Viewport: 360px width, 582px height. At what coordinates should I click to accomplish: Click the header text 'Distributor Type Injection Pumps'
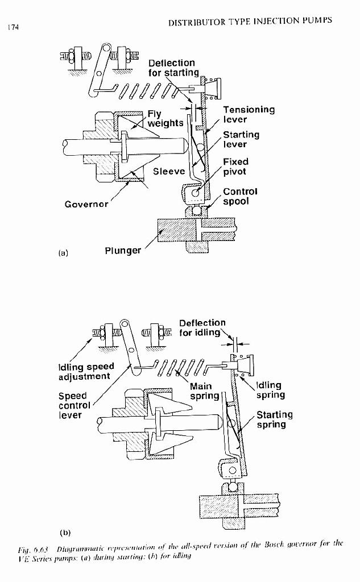coord(250,21)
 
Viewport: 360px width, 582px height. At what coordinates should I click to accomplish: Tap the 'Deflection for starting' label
coord(173,68)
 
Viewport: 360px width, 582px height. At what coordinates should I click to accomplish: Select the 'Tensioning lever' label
coord(249,115)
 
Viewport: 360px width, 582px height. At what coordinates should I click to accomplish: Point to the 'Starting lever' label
coord(241,140)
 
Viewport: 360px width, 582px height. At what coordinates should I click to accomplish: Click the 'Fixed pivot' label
coord(235,166)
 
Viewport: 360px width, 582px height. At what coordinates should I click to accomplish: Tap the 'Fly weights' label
coord(165,119)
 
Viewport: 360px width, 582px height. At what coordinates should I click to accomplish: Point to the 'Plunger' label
coord(123,250)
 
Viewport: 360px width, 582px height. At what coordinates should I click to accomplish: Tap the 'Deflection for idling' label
coord(202,327)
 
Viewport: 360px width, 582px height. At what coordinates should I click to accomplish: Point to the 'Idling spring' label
coord(270,390)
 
